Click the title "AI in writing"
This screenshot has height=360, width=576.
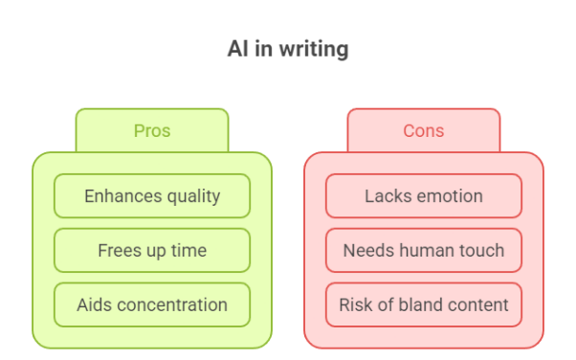288,49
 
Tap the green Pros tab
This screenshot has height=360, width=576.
152,131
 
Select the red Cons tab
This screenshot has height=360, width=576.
423,131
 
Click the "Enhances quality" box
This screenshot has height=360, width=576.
152,196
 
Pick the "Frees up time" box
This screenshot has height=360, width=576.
152,251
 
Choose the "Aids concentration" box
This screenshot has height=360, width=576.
152,305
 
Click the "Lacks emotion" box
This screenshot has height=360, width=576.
423,196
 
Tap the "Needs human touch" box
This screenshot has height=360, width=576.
423,251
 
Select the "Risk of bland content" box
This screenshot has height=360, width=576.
423,305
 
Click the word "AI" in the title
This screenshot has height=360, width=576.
237,49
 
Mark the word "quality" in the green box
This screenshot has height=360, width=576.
190,196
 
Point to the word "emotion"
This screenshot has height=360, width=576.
449,196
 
